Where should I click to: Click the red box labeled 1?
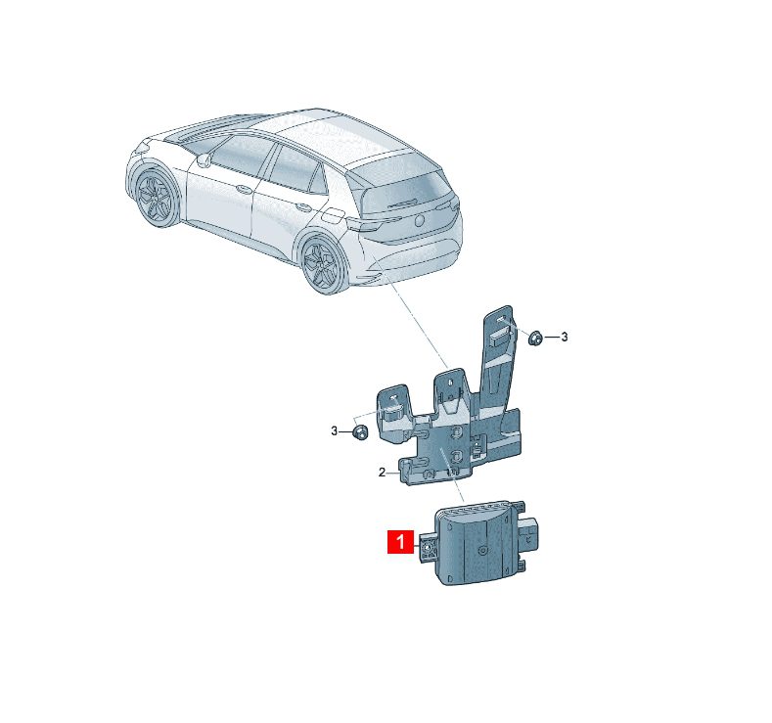(400, 541)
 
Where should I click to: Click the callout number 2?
(382, 473)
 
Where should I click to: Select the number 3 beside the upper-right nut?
(565, 337)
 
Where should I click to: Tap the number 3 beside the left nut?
(335, 431)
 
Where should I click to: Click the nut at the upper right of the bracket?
(534, 339)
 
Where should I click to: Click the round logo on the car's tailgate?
(420, 219)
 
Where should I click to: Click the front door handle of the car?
(243, 188)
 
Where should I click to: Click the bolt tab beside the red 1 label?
(428, 548)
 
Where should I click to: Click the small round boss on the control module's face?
(483, 550)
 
